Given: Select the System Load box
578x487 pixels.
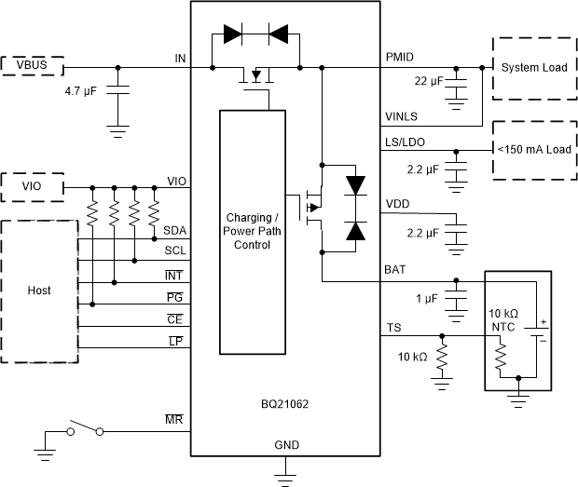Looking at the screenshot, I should (533, 68).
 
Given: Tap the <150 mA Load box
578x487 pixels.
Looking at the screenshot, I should (533, 149).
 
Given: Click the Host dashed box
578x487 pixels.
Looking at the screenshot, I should (39, 291).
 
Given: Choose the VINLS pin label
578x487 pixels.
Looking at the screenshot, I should (402, 116).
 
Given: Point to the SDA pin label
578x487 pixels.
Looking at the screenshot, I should (174, 230).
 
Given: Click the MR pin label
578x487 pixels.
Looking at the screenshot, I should (174, 422).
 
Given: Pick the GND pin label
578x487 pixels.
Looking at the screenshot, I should (286, 445).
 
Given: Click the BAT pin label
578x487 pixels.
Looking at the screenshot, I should (395, 269).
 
